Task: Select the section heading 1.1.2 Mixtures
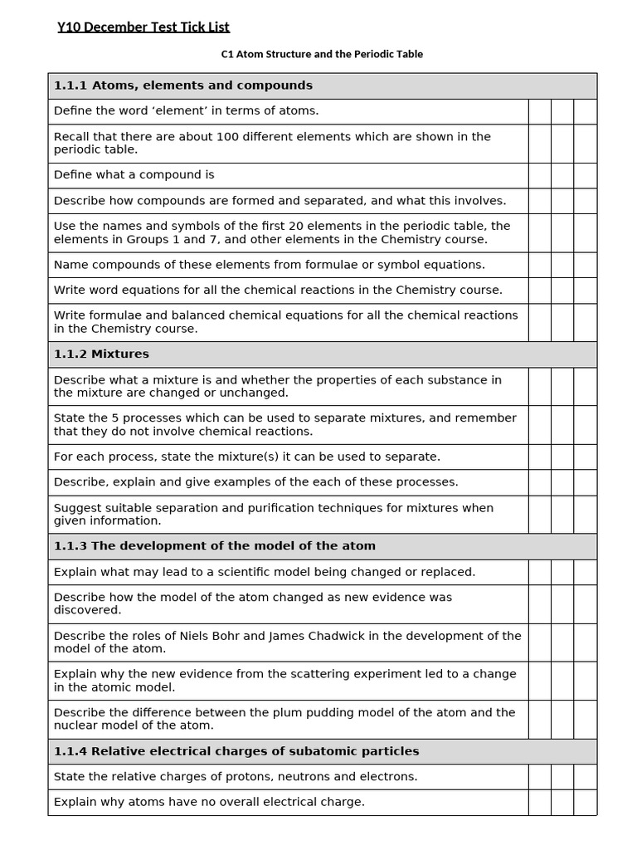tap(101, 354)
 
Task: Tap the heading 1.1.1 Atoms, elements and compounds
tap(182, 85)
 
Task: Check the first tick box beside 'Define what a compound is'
tap(540, 175)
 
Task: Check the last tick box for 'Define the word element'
tap(585, 111)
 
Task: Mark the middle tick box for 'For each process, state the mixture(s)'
tap(562, 457)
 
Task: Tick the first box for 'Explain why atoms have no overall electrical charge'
tap(540, 802)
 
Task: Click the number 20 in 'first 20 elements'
tap(309, 226)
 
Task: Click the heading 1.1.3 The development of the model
tap(214, 546)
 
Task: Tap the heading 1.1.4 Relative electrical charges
tap(236, 751)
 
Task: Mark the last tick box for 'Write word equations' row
tap(585, 291)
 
